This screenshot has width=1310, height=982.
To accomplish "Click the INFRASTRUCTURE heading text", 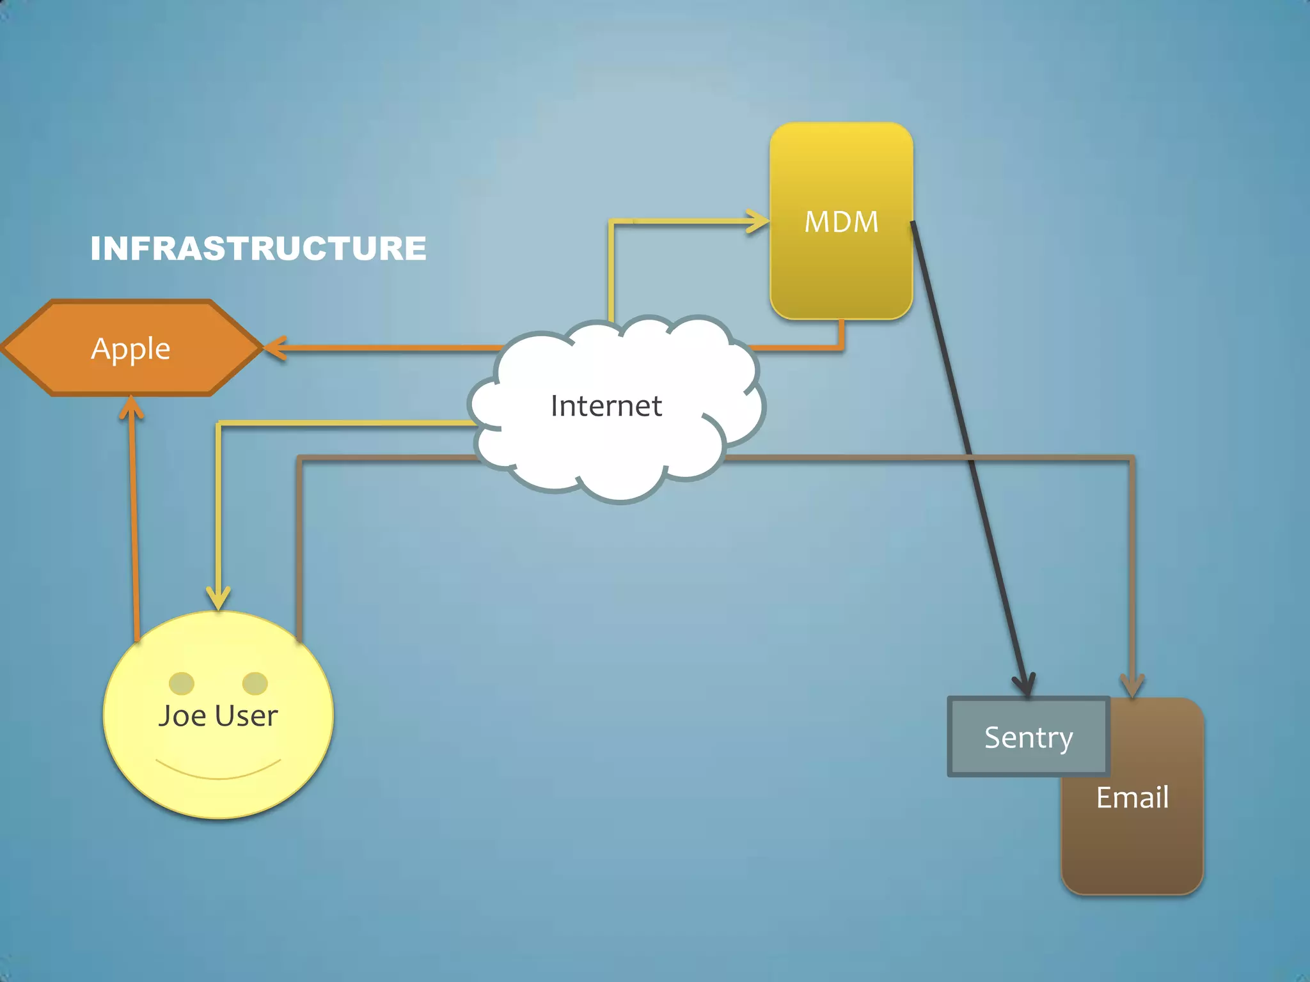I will tap(258, 249).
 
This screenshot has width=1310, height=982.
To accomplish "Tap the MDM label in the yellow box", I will tap(841, 222).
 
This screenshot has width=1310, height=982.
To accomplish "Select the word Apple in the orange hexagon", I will tap(130, 348).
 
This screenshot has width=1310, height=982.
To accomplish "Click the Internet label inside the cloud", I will tap(606, 406).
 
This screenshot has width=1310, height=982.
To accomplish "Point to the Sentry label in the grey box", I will tap(1028, 737).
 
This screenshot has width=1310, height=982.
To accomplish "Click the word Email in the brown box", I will tap(1132, 797).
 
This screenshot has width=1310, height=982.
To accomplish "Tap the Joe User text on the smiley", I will tap(217, 715).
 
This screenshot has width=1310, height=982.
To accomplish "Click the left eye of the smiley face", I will tap(181, 683).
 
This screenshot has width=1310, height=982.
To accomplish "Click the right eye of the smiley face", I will tap(255, 683).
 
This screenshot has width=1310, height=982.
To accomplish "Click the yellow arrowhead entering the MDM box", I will tap(760, 221).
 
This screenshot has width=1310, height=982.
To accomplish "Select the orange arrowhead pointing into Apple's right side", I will tap(274, 348).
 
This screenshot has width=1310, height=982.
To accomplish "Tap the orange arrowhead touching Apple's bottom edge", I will tap(131, 407).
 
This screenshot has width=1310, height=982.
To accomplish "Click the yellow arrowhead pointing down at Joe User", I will tap(218, 600).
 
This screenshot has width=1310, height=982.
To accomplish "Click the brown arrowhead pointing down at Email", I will tap(1132, 687).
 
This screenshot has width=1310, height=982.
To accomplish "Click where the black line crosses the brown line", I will tap(970, 458).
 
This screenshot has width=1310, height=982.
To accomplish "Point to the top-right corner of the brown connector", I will tap(1132, 458).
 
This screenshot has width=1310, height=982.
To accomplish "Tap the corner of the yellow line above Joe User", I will tap(219, 424).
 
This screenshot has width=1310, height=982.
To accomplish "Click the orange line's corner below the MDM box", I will tap(841, 348).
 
